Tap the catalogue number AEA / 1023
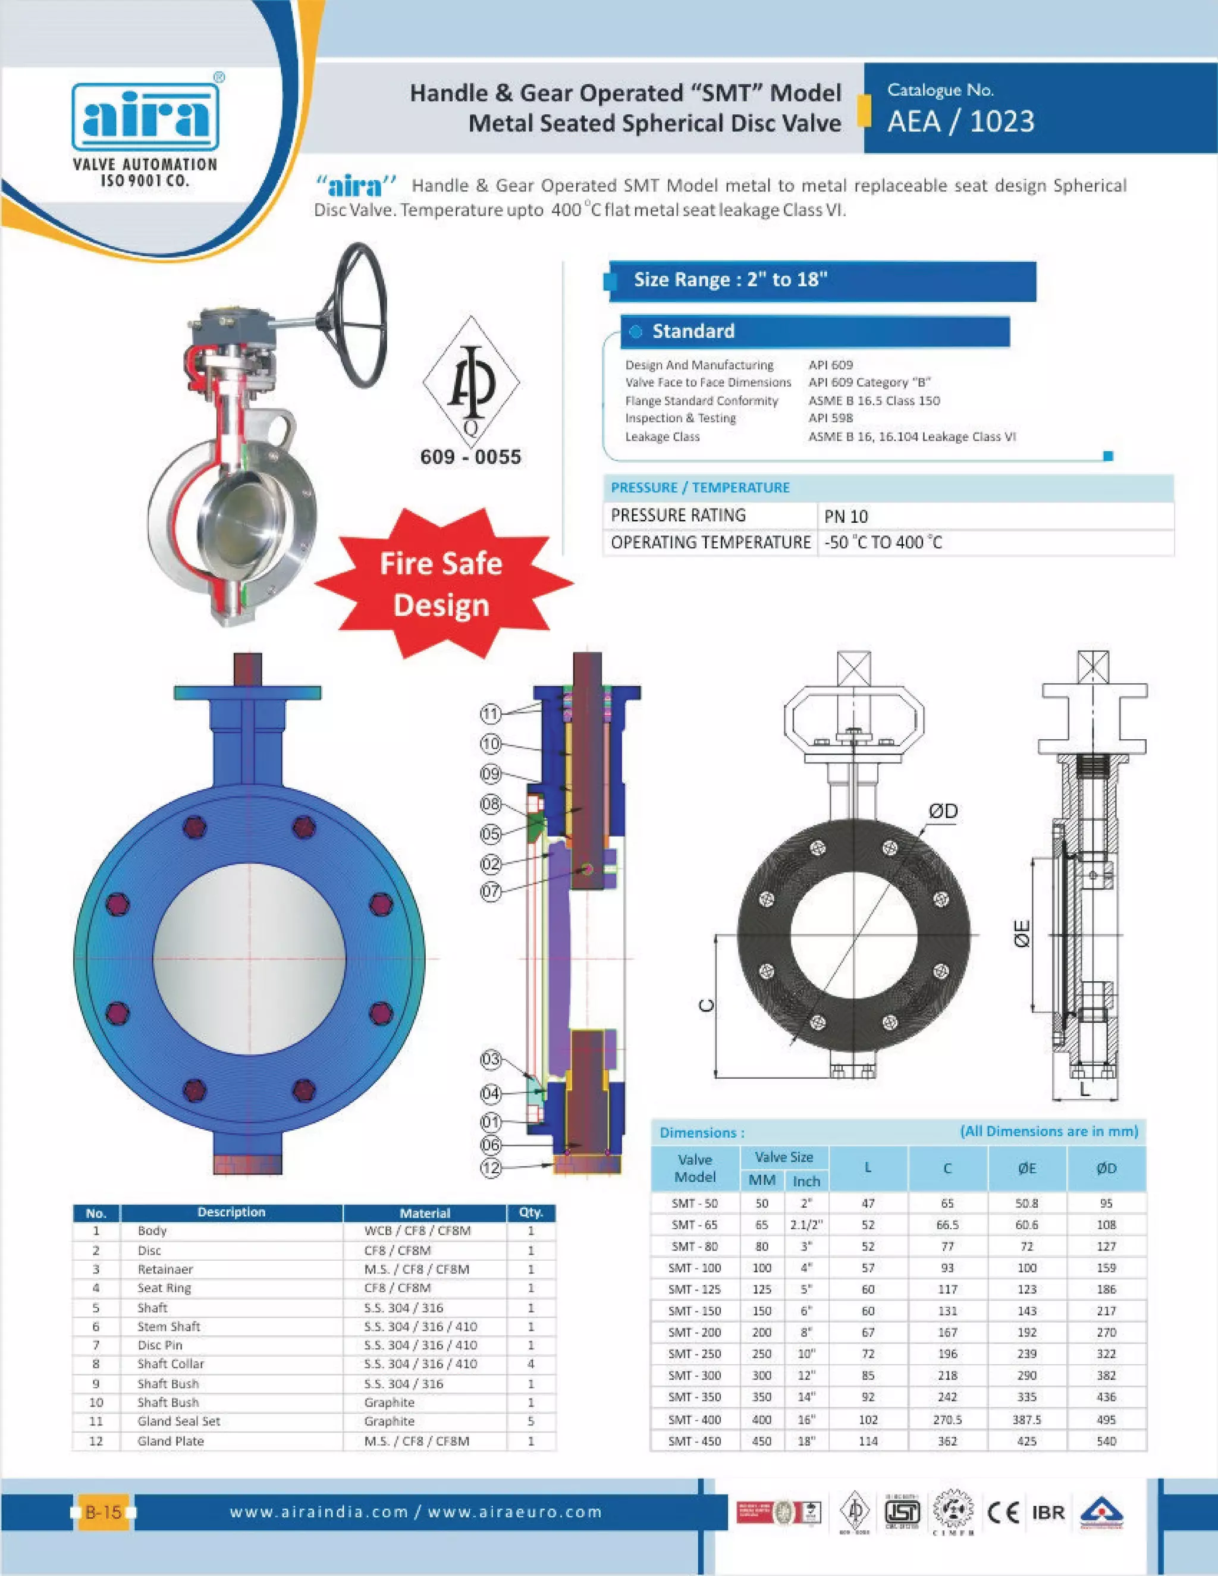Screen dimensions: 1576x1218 click(x=960, y=121)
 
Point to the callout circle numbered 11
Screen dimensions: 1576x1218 click(x=491, y=714)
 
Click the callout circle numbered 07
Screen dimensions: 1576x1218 click(x=491, y=891)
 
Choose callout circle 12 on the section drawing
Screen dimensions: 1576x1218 click(x=491, y=1167)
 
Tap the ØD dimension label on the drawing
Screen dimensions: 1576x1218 click(x=943, y=811)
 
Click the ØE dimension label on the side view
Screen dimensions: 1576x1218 click(x=1022, y=933)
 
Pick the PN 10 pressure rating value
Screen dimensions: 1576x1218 click(x=846, y=517)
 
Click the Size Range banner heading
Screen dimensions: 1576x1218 click(x=730, y=280)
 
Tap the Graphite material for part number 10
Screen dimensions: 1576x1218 click(x=389, y=1402)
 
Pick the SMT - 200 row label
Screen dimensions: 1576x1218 click(x=694, y=1332)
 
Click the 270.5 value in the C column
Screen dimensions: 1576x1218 click(x=947, y=1420)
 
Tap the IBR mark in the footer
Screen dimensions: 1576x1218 click(x=1048, y=1512)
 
